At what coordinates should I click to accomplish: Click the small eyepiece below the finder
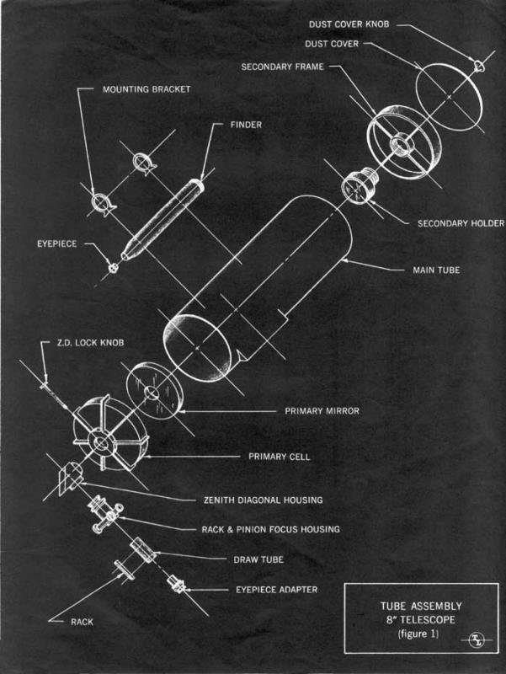point(112,267)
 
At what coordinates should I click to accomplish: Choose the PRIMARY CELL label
point(280,457)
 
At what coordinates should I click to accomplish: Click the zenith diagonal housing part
point(69,478)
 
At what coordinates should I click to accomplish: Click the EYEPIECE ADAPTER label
point(276,590)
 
